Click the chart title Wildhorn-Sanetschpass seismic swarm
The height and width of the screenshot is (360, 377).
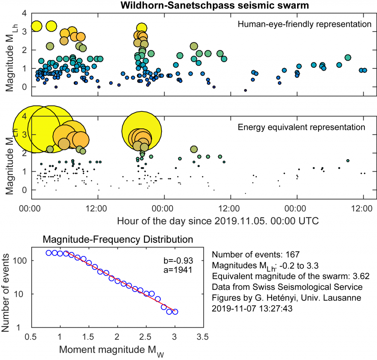tap(214, 6)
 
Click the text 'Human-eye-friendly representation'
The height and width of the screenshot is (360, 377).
tap(304, 25)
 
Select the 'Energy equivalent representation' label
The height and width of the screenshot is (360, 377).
tap(302, 128)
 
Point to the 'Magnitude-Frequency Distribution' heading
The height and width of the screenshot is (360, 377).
tap(118, 239)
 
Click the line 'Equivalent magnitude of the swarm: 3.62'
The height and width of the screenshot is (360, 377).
tap(291, 276)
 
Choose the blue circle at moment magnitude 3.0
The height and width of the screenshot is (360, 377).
tap(175, 312)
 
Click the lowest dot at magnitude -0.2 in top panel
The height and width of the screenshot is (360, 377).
tap(246, 90)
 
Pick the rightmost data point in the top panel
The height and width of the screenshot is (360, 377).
tap(364, 70)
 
